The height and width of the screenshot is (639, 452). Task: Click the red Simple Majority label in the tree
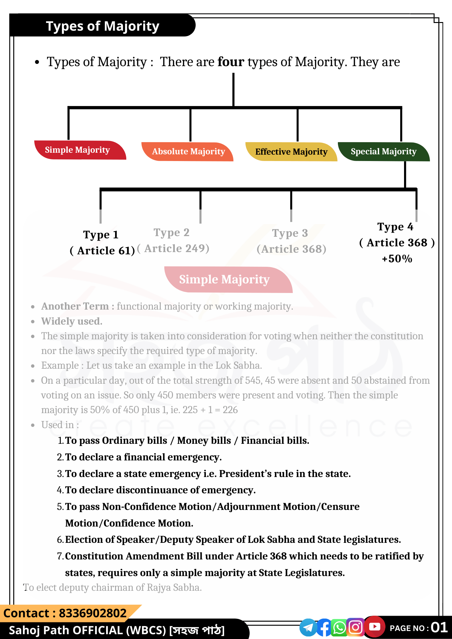click(77, 150)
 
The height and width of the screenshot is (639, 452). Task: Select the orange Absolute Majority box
click(188, 151)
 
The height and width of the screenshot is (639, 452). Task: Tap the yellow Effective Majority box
click(291, 152)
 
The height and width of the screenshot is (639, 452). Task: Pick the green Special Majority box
click(383, 151)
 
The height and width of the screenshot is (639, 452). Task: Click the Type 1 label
click(101, 235)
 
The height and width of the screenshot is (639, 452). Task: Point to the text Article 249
click(176, 249)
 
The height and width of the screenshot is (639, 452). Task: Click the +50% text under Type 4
click(397, 258)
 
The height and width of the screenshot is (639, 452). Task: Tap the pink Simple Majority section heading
click(224, 280)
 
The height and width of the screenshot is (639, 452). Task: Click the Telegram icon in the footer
click(308, 627)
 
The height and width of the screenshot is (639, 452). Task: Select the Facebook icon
click(324, 627)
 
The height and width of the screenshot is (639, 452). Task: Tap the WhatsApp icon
click(339, 627)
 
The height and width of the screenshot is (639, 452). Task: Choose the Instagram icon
click(355, 627)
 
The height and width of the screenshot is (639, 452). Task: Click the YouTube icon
click(375, 627)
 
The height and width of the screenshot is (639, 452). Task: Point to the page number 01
click(439, 627)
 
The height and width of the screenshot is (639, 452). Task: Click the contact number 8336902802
click(93, 613)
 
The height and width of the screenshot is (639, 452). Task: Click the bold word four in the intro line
click(231, 62)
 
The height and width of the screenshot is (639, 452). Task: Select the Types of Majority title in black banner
click(103, 26)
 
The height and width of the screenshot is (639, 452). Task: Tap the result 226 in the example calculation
click(230, 410)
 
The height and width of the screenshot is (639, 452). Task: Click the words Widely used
click(72, 321)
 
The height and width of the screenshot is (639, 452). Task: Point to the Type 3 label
click(290, 233)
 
